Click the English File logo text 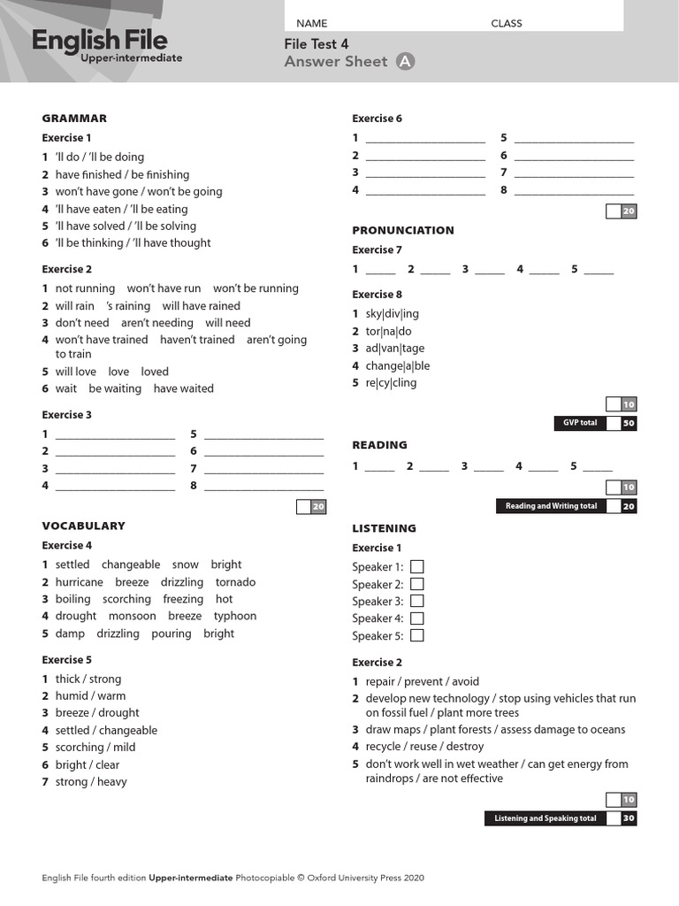[x=99, y=40]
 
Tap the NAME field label [x=311, y=23]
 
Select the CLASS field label [x=507, y=23]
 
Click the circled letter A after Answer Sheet [x=405, y=61]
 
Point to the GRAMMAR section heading [x=74, y=118]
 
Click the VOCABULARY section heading [x=84, y=526]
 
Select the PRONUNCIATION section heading [x=403, y=230]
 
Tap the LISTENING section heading [x=384, y=528]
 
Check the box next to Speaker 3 [x=416, y=601]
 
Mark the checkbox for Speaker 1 [x=416, y=566]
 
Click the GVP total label [x=580, y=423]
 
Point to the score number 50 [x=629, y=423]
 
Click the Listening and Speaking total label [x=545, y=818]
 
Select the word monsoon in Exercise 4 [x=132, y=616]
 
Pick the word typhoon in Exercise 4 [x=235, y=616]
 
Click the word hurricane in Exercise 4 [x=79, y=582]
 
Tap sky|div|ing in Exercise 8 [x=392, y=313]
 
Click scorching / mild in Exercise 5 [x=95, y=748]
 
